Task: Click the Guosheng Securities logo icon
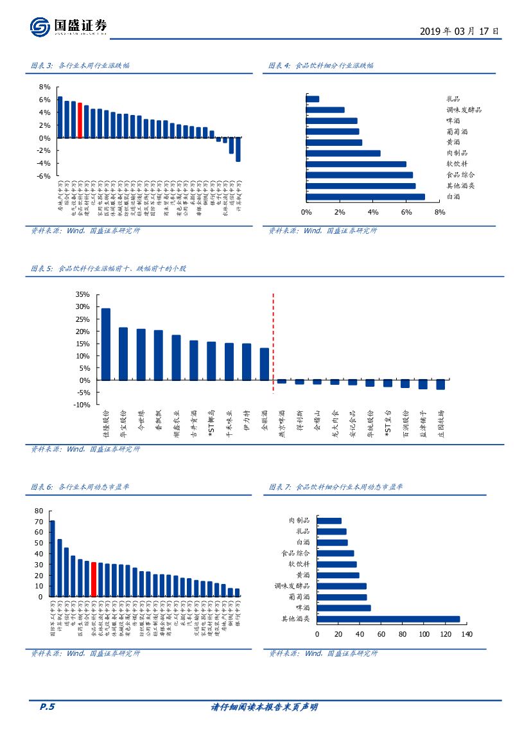[40, 27]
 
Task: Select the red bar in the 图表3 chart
[80, 120]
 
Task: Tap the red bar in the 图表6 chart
[94, 579]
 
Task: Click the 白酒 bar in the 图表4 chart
[365, 197]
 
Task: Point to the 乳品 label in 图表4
[453, 99]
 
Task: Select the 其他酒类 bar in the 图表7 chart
[388, 619]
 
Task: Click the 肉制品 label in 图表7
[299, 520]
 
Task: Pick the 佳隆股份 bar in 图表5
[106, 344]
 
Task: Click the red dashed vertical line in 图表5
[274, 347]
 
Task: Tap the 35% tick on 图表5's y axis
[82, 294]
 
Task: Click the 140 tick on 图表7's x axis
[466, 634]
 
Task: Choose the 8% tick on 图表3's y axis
[44, 87]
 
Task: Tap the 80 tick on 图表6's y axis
[39, 511]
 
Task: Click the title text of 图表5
[109, 269]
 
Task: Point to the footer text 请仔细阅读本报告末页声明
[265, 707]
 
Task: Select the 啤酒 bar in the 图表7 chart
[344, 608]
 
